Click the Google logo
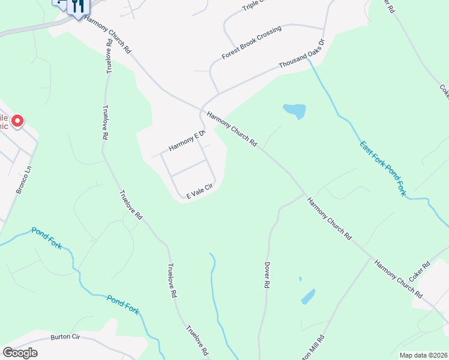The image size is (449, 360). click(x=20, y=353)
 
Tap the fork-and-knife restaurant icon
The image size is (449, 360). click(x=77, y=7)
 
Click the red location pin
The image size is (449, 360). click(x=17, y=122)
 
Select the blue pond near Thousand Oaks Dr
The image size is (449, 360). click(x=295, y=110)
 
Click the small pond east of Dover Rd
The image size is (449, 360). click(x=308, y=296)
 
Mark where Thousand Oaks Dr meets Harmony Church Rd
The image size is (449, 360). click(x=202, y=109)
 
